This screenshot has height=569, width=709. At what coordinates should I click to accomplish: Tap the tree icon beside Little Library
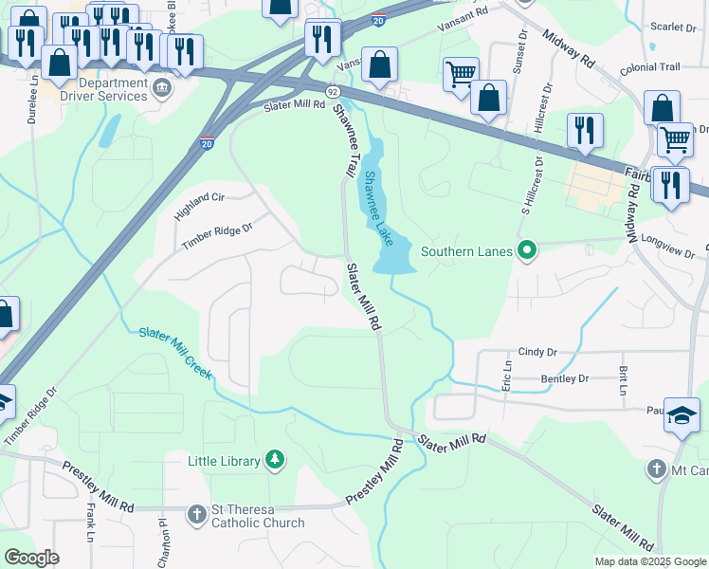coord(275,460)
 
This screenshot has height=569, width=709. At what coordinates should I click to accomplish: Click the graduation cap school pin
coord(682,415)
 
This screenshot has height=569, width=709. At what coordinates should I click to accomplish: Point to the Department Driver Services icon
coord(161,89)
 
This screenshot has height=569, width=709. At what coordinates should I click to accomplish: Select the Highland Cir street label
coord(198,204)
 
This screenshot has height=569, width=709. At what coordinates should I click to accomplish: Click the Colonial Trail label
coord(650,68)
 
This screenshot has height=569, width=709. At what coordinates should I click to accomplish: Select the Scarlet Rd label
coord(675,28)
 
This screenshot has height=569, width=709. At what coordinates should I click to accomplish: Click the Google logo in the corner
coord(31,557)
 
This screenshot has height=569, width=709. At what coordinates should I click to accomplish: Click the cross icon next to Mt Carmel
coord(656,468)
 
